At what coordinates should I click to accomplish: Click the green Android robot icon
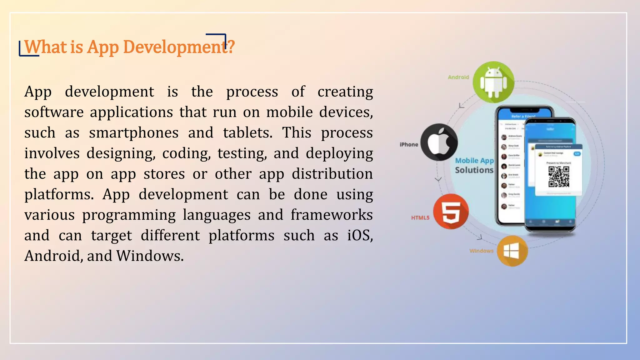(493, 82)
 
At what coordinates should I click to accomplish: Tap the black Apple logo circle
(439, 142)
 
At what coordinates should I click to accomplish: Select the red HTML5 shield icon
(451, 211)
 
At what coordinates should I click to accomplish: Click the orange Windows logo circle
(512, 251)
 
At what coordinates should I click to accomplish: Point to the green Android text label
(458, 77)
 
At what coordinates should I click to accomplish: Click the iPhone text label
(409, 144)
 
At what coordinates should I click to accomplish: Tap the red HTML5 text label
(420, 218)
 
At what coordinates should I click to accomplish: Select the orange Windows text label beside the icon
(481, 251)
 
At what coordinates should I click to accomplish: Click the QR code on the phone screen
(559, 177)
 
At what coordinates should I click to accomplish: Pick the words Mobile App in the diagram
(474, 161)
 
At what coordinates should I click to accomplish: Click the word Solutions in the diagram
(474, 170)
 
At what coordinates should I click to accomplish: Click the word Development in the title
(175, 47)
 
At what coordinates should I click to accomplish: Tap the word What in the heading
(46, 47)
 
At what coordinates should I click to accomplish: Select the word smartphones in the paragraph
(134, 133)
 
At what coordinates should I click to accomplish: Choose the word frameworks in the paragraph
(332, 215)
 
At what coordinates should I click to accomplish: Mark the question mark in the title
(231, 47)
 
